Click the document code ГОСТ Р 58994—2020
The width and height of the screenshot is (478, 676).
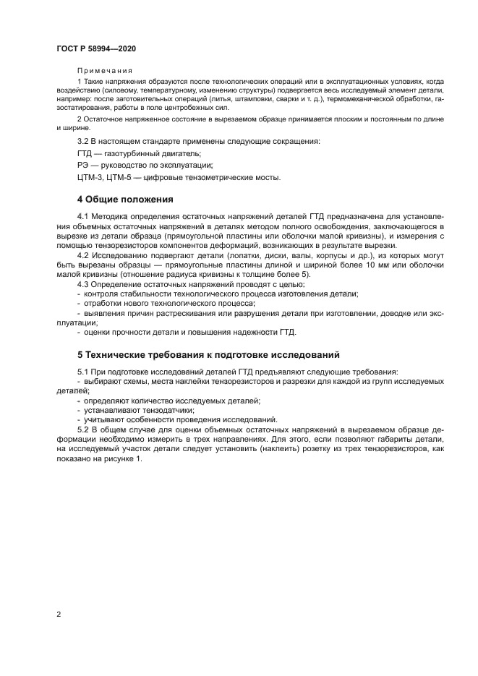(96, 48)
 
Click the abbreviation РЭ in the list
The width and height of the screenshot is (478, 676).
(83, 165)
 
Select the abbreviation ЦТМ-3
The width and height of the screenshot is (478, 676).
(88, 177)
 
